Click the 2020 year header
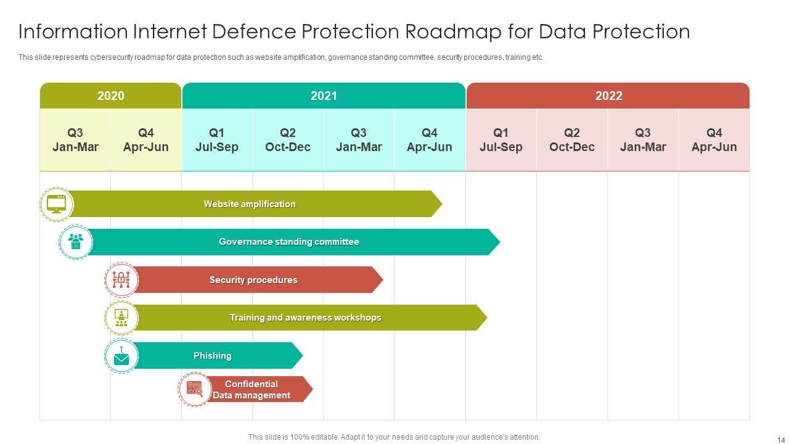[111, 96]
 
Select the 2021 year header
[324, 96]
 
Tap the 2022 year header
[608, 96]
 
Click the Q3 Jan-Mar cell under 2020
[75, 140]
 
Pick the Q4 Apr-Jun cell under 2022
[714, 140]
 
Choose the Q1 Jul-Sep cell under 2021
[217, 140]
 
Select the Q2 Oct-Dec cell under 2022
[572, 140]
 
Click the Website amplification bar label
[250, 204]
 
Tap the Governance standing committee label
[288, 242]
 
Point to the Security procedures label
[253, 280]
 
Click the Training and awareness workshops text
[305, 318]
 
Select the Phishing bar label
[213, 356]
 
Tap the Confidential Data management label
[251, 390]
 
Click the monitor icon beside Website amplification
[57, 204]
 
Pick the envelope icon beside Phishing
[121, 356]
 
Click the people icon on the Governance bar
[76, 242]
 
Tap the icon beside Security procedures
[121, 281]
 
